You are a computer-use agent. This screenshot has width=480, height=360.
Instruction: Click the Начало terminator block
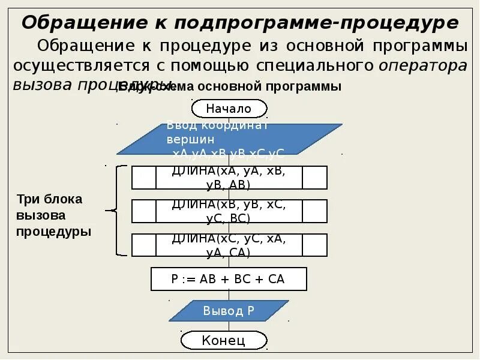229,109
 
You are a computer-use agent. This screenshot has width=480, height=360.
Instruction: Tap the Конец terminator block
224,341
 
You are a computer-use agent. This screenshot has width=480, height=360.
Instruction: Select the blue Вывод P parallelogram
229,311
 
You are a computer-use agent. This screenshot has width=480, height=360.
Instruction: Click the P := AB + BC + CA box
228,279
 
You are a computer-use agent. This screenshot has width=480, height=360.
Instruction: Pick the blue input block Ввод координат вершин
229,139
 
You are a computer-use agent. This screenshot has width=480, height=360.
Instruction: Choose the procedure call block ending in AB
229,178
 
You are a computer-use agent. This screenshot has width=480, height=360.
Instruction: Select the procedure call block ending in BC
229,211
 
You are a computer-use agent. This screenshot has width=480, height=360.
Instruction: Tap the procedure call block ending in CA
229,245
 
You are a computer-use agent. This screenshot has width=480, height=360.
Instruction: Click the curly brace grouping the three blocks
116,211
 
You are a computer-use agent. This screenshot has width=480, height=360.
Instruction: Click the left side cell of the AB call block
143,178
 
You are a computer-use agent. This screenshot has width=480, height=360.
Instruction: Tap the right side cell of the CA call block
314,245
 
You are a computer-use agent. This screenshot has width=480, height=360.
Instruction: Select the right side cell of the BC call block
314,211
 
